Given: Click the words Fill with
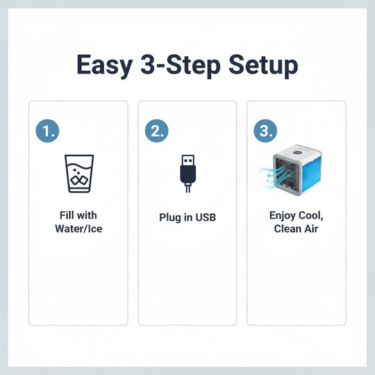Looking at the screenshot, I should pos(78,215).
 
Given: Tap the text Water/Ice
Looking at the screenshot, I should pos(78,228).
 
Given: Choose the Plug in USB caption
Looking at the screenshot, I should pos(187,217).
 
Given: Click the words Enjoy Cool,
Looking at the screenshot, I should pos(296,215).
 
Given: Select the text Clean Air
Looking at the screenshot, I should pos(296,228).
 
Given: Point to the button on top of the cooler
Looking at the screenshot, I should pos(301,149).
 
